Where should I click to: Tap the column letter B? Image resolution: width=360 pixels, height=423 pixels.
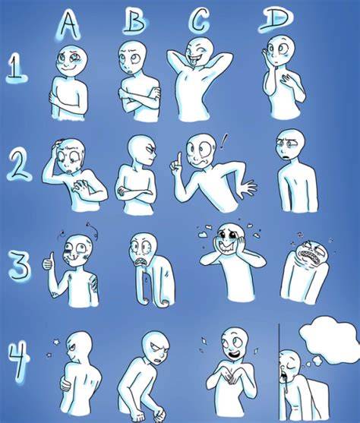tap(134, 21)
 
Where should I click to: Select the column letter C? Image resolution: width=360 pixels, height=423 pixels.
tap(198, 20)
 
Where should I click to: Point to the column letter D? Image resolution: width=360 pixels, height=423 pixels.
tap(275, 19)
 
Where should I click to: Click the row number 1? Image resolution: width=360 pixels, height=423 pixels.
tap(16, 67)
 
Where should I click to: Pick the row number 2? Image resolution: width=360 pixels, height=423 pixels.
tap(20, 165)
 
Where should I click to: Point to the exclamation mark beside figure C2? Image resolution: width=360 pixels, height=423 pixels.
tap(223, 141)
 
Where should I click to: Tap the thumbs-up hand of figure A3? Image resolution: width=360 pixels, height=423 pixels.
tap(49, 261)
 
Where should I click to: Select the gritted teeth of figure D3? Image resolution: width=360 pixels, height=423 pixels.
tap(307, 254)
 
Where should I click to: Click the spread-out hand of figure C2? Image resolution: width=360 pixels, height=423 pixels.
tap(248, 187)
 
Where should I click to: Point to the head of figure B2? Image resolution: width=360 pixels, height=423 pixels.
tap(142, 149)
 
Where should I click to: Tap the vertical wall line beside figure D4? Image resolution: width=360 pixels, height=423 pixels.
tap(279, 373)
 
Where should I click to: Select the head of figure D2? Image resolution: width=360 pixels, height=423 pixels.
tap(290, 144)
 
